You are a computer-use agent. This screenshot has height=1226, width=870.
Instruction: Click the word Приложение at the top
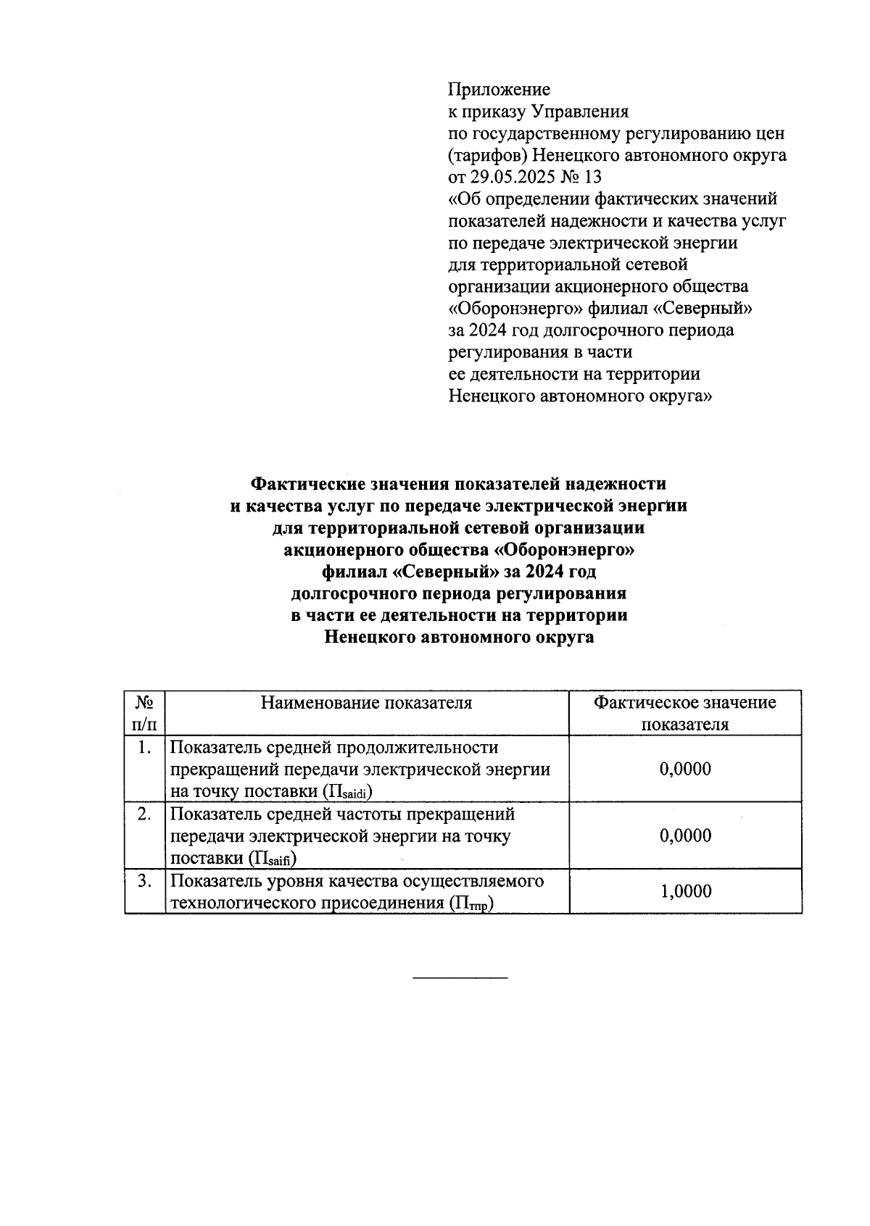point(499,90)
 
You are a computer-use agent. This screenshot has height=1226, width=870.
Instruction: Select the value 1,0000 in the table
point(685,891)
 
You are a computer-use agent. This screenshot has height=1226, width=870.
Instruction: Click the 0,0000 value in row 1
point(685,769)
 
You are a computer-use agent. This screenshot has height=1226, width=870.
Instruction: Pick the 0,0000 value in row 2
point(685,835)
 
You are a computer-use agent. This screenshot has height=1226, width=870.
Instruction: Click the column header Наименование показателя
point(366,702)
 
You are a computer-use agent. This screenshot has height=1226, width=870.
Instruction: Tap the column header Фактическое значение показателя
point(685,713)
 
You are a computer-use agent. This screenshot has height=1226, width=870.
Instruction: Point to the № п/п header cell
point(144,713)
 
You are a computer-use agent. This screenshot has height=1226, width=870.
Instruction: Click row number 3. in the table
point(144,881)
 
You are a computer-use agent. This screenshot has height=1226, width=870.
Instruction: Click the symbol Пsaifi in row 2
point(273,859)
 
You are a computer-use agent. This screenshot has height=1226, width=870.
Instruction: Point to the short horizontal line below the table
point(460,979)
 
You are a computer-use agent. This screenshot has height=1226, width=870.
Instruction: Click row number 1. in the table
point(144,747)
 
